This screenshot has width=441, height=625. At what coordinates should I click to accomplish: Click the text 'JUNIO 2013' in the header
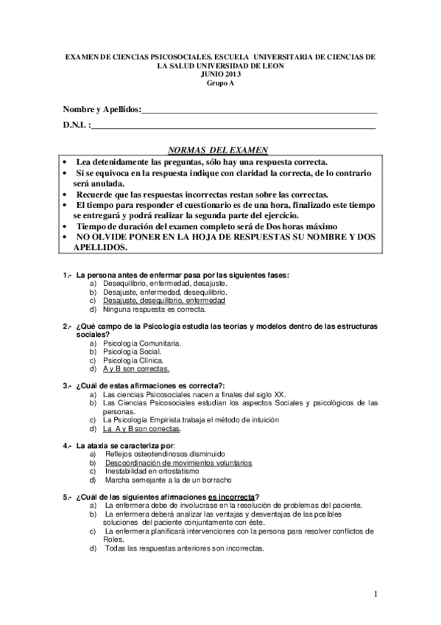pos(219,74)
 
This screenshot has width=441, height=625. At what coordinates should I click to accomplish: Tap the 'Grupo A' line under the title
pos(219,82)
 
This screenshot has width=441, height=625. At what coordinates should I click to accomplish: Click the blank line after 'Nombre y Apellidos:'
pos(258,111)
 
